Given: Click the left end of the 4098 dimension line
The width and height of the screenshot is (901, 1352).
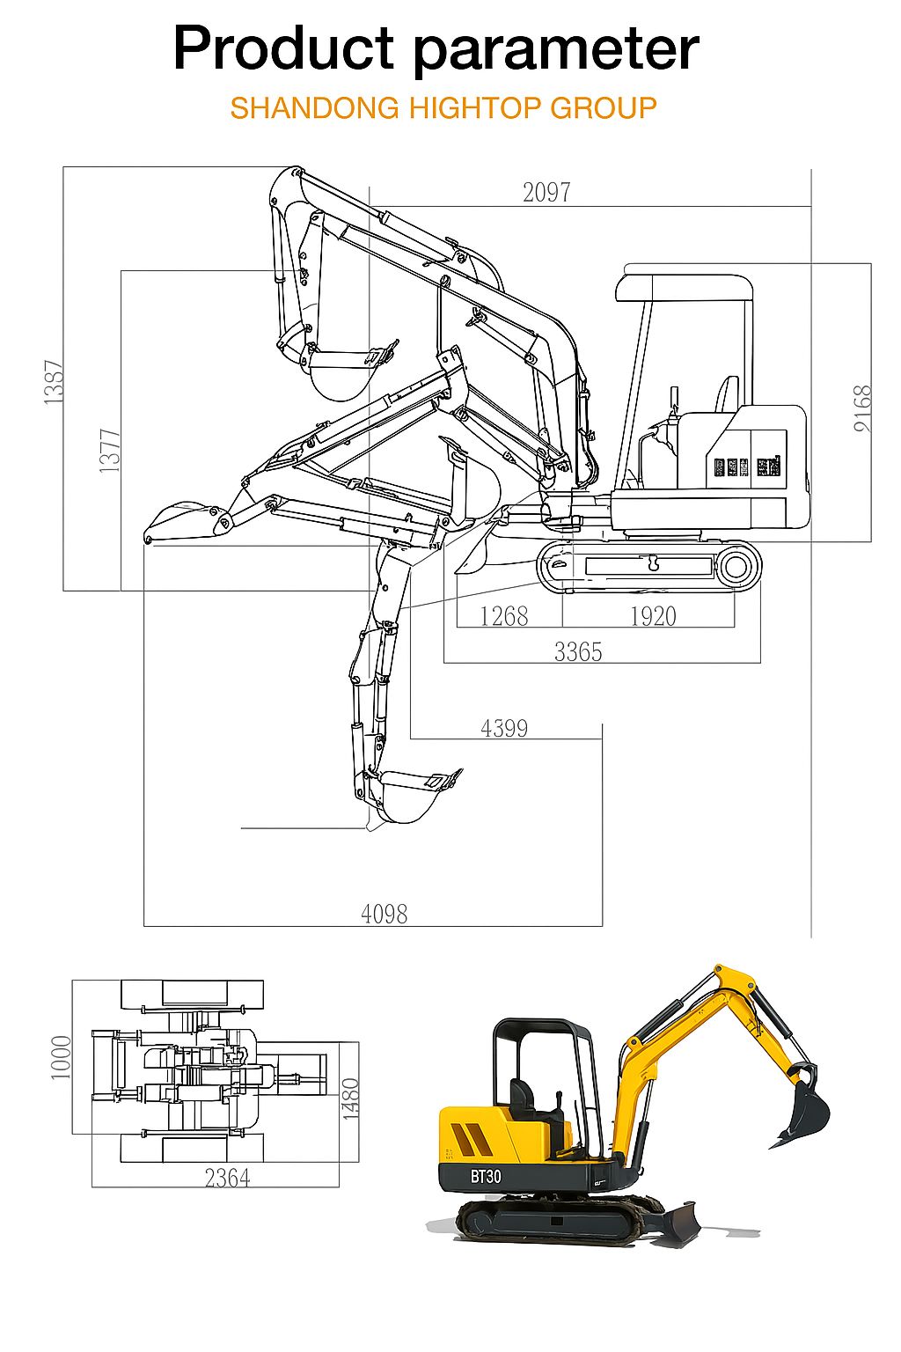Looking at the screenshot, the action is pyautogui.click(x=143, y=926).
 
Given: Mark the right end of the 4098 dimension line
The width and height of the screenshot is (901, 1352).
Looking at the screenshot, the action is pyautogui.click(x=602, y=926).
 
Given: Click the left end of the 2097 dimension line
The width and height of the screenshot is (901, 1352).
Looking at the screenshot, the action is pyautogui.click(x=370, y=207).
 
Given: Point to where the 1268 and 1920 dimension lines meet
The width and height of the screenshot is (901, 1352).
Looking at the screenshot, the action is pyautogui.click(x=562, y=627).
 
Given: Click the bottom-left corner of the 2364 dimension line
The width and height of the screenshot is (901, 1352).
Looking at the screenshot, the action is pyautogui.click(x=92, y=1187).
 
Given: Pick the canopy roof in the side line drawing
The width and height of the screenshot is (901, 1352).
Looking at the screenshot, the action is pyautogui.click(x=685, y=288).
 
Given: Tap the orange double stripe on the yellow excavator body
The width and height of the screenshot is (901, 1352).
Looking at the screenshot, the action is pyautogui.click(x=471, y=1140).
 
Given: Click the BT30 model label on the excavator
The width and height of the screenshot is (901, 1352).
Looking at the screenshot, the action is pyautogui.click(x=486, y=1176).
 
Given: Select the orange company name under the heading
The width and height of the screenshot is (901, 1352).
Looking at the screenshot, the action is pyautogui.click(x=443, y=108).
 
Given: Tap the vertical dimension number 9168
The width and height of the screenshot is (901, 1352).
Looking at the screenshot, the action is pyautogui.click(x=862, y=408).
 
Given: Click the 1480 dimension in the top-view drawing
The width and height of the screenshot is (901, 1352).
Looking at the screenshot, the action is pyautogui.click(x=350, y=1099).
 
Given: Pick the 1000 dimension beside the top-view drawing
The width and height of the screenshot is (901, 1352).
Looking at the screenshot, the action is pyautogui.click(x=61, y=1057).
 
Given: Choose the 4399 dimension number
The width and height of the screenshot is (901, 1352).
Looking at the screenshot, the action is pyautogui.click(x=504, y=729).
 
